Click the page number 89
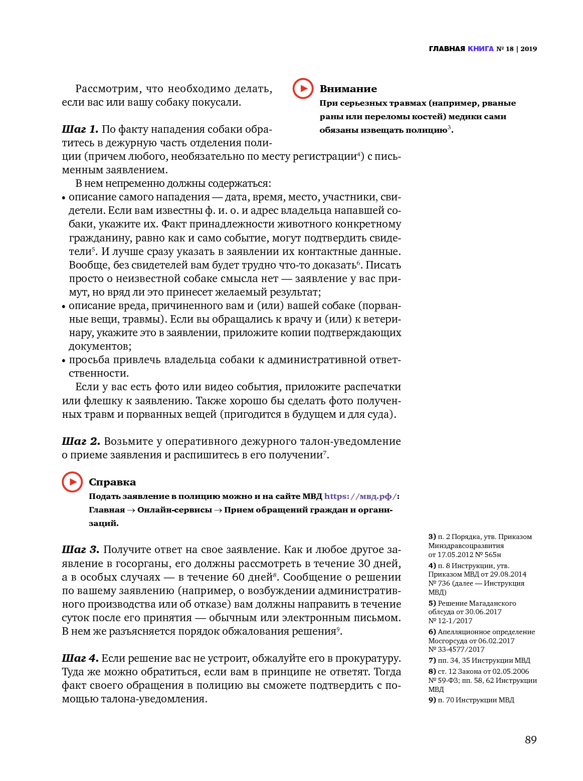point(530,740)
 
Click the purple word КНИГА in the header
point(480,49)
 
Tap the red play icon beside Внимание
point(303,89)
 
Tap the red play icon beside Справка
point(72,482)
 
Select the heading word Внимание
point(348,89)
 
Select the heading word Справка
point(112,482)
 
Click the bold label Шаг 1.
point(80,129)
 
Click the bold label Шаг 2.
point(81,441)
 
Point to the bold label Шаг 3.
point(80,550)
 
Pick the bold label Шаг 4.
point(80,658)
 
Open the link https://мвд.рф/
point(360,496)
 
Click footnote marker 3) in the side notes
point(432,537)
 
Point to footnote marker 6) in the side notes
point(432,632)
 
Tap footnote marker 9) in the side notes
point(432,700)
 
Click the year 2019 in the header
point(528,49)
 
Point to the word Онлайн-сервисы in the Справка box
point(174,509)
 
